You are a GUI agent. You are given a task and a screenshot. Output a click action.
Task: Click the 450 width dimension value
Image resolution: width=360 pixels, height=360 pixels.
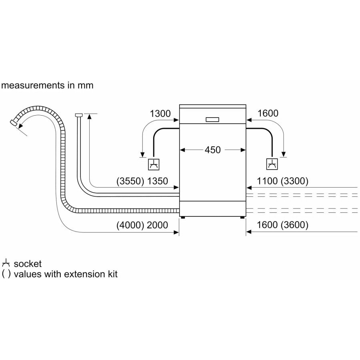tap(212, 150)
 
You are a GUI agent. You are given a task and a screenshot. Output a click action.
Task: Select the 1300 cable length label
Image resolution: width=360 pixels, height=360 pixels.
tap(160, 114)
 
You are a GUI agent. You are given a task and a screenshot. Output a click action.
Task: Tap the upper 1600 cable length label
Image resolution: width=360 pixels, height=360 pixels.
tap(268, 114)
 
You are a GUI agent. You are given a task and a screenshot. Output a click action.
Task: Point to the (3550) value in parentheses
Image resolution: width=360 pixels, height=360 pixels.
tap(130, 181)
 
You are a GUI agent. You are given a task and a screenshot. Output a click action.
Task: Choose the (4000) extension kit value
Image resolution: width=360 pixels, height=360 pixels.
tap(130, 225)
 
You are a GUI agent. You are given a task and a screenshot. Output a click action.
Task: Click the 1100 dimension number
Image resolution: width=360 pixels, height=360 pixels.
tap(267, 181)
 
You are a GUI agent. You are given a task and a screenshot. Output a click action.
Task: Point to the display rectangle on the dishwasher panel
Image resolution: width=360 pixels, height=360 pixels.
tap(212, 119)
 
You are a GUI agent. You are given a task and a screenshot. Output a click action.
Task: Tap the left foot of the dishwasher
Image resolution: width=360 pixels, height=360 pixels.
tap(182, 217)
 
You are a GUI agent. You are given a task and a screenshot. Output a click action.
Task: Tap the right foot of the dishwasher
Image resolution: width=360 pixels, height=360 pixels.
tap(242, 217)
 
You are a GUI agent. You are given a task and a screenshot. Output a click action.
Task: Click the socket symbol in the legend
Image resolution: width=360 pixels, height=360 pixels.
tap(6, 264)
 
